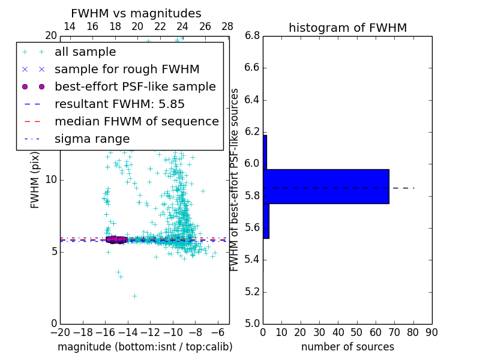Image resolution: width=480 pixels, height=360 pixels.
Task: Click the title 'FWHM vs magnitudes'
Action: point(136,14)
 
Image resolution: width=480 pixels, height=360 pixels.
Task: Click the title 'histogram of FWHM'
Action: point(347,28)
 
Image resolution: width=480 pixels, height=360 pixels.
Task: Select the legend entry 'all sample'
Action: point(85,52)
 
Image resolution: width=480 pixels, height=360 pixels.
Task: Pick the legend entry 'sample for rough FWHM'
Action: point(127,70)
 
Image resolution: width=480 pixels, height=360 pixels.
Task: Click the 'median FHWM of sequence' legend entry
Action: point(136,122)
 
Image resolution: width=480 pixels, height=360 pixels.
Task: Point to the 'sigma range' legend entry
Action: point(92,139)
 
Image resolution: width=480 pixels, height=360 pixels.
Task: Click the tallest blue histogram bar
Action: point(326,187)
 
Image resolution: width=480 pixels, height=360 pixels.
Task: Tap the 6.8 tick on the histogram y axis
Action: point(252,35)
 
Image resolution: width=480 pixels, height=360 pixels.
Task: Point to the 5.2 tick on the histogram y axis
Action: point(252,292)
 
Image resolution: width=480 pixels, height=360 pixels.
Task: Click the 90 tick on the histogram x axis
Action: point(431,332)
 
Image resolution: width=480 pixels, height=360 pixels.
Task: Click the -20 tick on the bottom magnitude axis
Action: point(60,332)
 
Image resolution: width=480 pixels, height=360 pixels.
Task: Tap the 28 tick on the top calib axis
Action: point(227,27)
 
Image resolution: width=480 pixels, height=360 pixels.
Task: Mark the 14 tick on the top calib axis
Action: point(70,27)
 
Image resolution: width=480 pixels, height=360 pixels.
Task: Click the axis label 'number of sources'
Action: point(347,347)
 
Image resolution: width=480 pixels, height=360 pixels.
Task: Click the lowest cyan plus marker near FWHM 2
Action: point(134,296)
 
